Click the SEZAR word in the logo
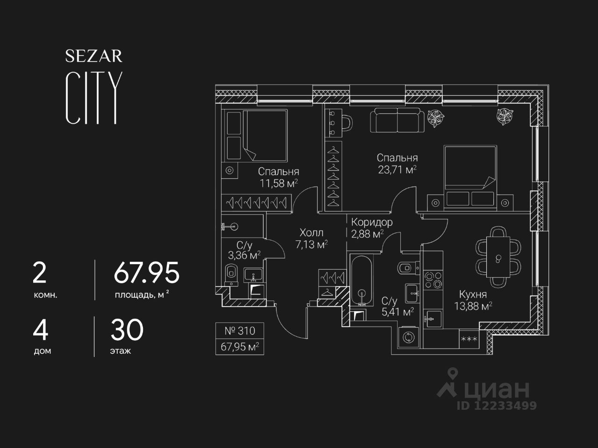pos(93,56)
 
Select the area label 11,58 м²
pos(279,183)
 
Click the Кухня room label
pos(473,294)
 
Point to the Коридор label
pos(372,222)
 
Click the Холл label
pos(312,232)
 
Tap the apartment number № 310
pos(240,331)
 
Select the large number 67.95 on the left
pos(146,273)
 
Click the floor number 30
pos(127,330)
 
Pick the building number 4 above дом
pos(41,330)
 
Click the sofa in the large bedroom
pos(398,120)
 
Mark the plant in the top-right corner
pos(505,113)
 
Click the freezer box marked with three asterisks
pos(469,339)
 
